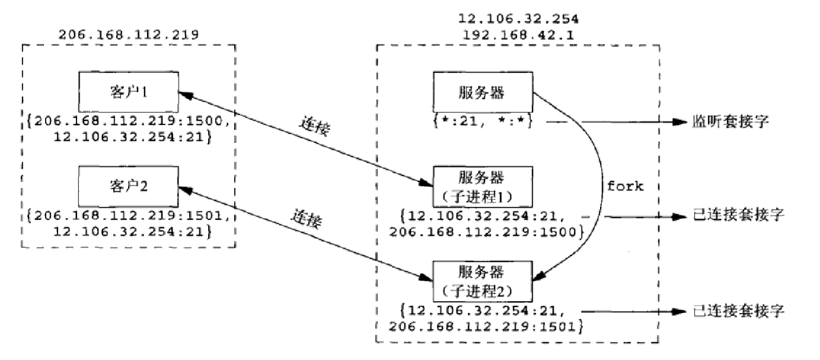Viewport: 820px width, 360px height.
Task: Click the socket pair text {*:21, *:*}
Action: coord(481,122)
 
